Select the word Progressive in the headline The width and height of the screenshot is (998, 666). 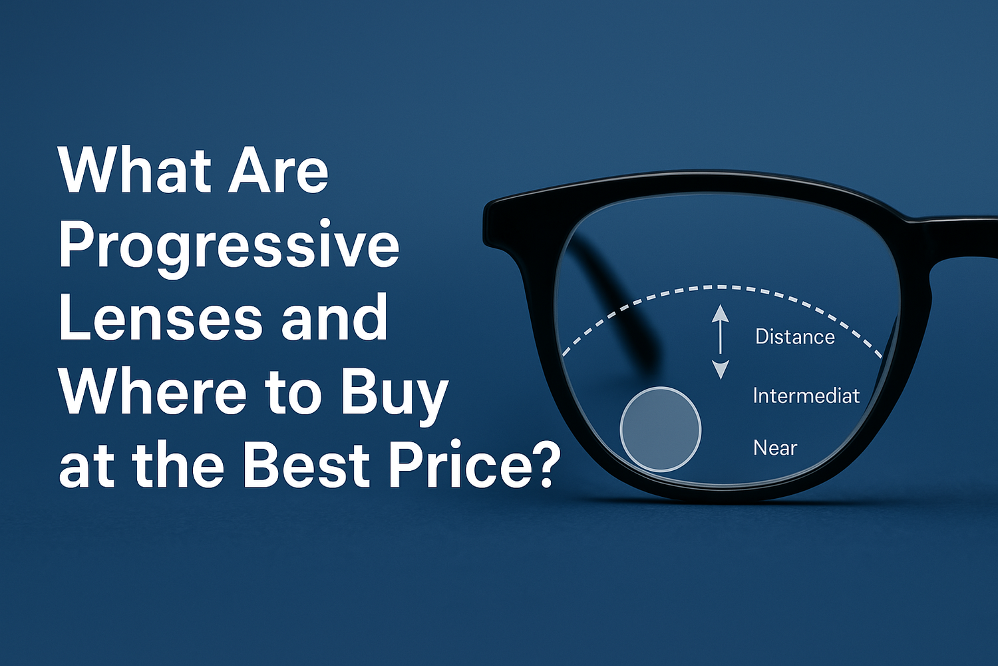[x=229, y=249]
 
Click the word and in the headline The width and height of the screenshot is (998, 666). [x=334, y=317]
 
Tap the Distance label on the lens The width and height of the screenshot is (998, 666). [x=795, y=337]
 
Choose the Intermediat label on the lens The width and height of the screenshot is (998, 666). [x=806, y=396]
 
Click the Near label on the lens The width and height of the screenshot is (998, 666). [x=775, y=448]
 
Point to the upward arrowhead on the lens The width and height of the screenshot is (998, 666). [x=720, y=314]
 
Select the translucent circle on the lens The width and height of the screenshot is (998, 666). [x=660, y=429]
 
